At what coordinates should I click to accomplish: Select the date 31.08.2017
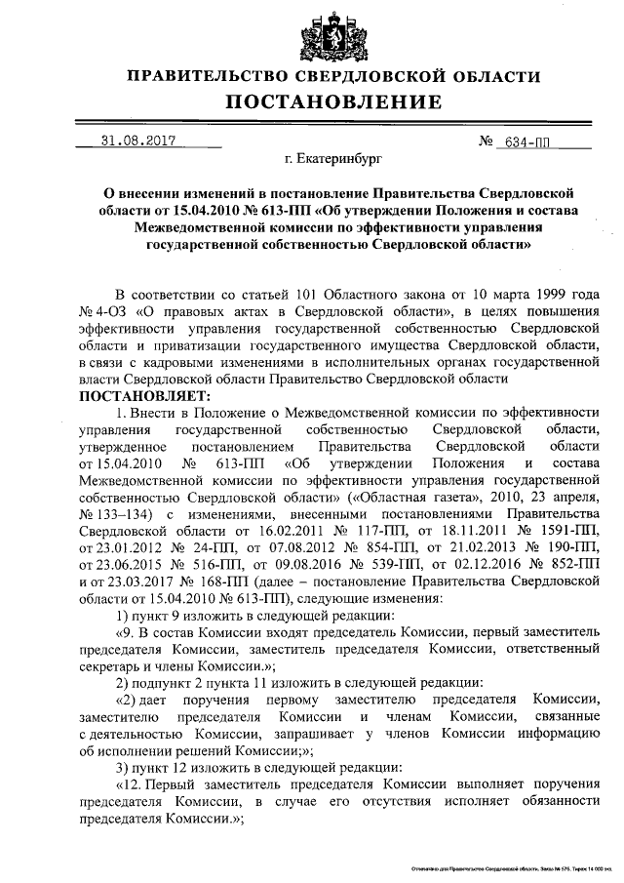[136, 140]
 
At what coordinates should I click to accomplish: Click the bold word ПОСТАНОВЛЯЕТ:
[143, 396]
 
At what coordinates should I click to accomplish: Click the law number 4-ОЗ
[108, 311]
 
